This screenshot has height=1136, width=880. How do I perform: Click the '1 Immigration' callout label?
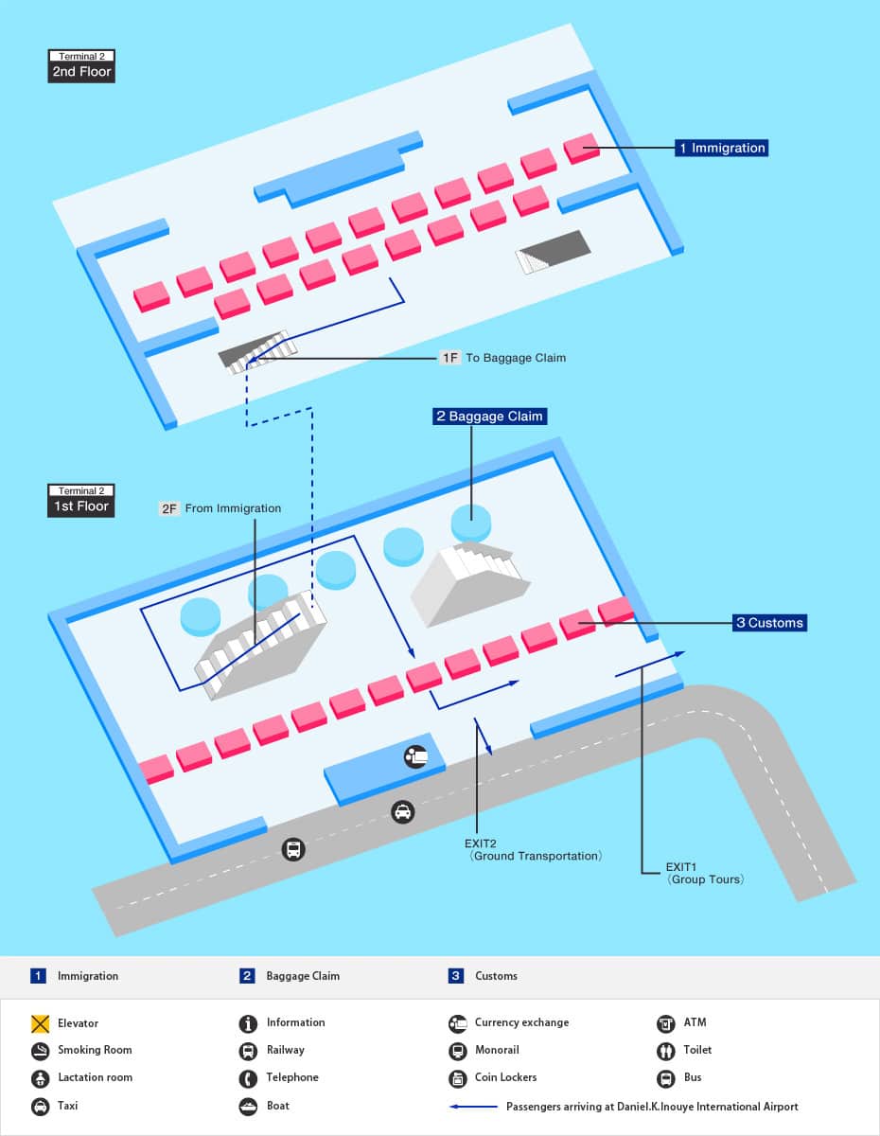[720, 148]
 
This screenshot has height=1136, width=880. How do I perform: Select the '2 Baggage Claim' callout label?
[489, 417]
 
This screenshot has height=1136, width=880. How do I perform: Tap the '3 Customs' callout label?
[770, 623]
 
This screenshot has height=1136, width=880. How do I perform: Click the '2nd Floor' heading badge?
[81, 71]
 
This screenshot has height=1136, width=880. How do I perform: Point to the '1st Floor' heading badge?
[81, 506]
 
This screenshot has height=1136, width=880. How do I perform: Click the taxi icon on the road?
[403, 811]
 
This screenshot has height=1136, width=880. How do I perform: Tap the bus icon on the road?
[293, 849]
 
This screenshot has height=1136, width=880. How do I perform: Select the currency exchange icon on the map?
[415, 755]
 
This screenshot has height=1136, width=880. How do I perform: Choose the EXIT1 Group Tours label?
[705, 873]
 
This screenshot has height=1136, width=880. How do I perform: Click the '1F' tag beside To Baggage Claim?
[449, 358]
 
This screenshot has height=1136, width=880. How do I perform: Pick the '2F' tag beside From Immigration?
[169, 508]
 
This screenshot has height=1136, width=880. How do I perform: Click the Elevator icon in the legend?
[40, 1023]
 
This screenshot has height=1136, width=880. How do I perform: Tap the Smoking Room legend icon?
[40, 1051]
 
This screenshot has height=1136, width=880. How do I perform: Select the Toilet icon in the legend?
[665, 1051]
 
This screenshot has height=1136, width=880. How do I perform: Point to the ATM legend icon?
[665, 1023]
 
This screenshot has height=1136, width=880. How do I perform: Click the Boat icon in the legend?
[249, 1106]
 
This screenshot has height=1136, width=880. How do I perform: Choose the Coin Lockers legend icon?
[457, 1078]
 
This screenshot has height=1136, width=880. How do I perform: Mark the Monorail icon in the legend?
[457, 1051]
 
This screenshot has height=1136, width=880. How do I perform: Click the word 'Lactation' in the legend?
[80, 1077]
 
